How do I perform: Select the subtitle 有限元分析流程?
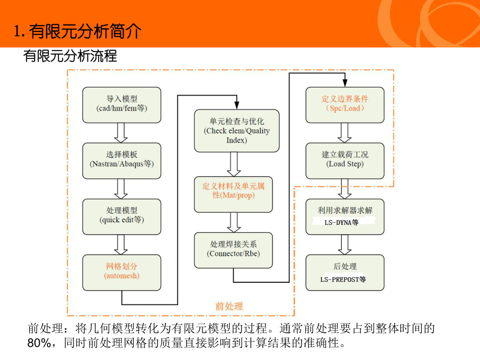click(x=70, y=56)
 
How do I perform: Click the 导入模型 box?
click(x=122, y=104)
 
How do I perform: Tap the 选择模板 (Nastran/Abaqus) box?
click(x=122, y=160)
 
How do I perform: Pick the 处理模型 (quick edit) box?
click(x=122, y=215)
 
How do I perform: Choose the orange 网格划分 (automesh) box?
click(x=122, y=271)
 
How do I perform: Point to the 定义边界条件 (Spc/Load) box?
click(x=344, y=104)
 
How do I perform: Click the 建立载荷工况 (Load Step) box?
click(x=344, y=160)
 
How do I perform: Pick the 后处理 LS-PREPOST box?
click(x=344, y=272)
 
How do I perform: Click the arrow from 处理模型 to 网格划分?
click(x=122, y=244)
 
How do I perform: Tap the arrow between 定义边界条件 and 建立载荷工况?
click(x=344, y=132)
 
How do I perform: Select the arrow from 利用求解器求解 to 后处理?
click(x=344, y=244)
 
